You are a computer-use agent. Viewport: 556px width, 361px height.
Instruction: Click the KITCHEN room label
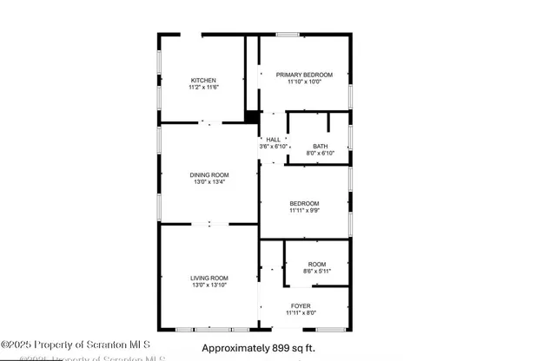(x=203, y=81)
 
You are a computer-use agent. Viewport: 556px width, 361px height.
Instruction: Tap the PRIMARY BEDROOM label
(x=304, y=75)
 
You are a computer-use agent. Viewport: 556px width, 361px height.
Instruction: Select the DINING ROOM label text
(x=208, y=174)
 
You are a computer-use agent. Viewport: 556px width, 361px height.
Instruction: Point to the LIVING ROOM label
(x=208, y=278)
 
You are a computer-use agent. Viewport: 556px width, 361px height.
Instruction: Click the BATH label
(x=321, y=146)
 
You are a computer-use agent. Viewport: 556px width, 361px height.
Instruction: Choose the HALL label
(x=273, y=140)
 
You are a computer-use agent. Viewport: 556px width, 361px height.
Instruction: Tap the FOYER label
(x=301, y=305)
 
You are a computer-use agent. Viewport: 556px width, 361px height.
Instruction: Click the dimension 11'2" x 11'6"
(x=203, y=88)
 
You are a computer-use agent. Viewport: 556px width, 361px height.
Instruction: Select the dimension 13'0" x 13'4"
(x=208, y=181)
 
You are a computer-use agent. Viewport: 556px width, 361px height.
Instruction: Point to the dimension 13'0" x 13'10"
(x=208, y=285)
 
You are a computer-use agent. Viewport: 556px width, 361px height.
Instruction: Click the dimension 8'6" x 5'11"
(x=316, y=272)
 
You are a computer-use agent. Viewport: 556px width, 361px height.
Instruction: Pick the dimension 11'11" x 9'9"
(x=304, y=210)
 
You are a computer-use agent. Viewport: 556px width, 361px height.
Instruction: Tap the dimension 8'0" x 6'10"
(x=321, y=153)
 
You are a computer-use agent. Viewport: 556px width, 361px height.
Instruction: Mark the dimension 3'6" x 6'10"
(x=273, y=147)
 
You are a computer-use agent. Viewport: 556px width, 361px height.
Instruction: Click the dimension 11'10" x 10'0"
(x=304, y=82)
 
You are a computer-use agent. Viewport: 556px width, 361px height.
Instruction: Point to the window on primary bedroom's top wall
(x=288, y=35)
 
